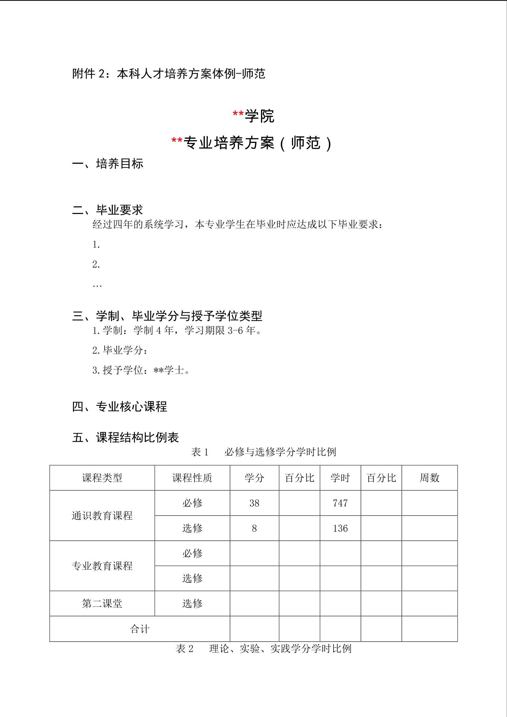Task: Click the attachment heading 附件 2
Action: click(x=169, y=74)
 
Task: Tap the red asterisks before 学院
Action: click(x=238, y=115)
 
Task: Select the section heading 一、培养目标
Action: click(x=108, y=164)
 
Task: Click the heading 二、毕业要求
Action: click(x=108, y=210)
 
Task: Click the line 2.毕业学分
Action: click(x=120, y=350)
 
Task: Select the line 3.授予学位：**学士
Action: click(x=141, y=370)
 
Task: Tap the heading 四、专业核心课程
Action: click(x=120, y=407)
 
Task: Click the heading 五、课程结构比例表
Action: click(x=125, y=437)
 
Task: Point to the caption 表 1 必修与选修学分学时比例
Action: click(x=264, y=452)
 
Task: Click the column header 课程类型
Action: click(x=102, y=478)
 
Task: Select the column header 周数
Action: click(x=429, y=478)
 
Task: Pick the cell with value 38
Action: click(x=254, y=503)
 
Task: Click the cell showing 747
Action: click(x=340, y=503)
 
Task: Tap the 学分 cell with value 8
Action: click(x=254, y=528)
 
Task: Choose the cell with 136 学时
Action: click(x=340, y=528)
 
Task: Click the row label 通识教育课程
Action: click(x=102, y=516)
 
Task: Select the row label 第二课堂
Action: click(x=102, y=604)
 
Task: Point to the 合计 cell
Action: click(x=140, y=629)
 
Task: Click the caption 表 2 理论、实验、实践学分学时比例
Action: click(x=263, y=649)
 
